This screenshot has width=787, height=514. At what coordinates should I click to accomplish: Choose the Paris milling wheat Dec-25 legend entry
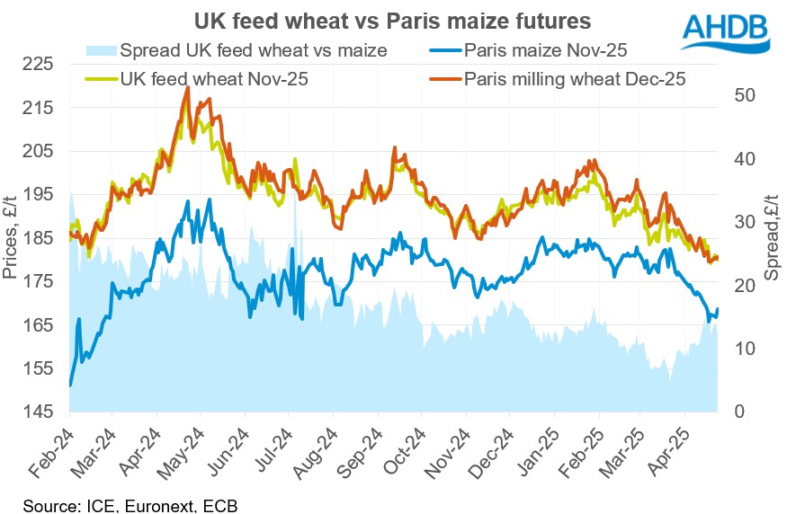pos(575,79)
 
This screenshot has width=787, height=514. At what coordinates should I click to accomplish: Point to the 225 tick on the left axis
pos(41,65)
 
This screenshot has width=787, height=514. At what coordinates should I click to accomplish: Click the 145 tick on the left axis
pos(41,412)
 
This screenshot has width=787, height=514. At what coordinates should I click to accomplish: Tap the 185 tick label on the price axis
pos(41,239)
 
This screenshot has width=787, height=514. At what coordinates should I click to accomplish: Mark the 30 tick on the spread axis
pos(734,222)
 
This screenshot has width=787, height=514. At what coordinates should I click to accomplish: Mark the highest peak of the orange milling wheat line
pos(187,88)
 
